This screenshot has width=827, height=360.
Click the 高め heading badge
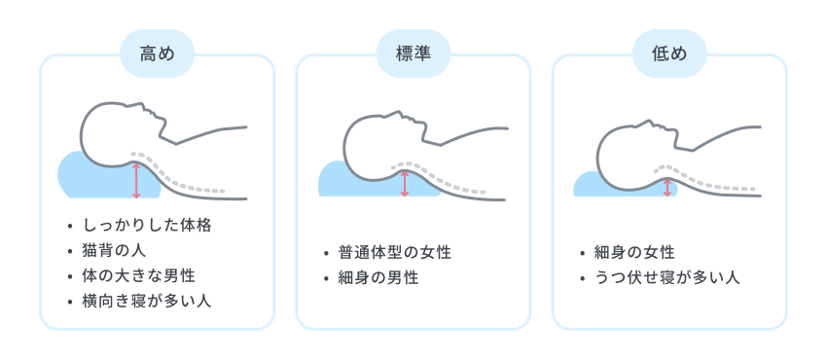pyautogui.click(x=157, y=54)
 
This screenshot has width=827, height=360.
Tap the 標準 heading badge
pyautogui.click(x=413, y=54)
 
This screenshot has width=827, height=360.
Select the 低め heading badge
pyautogui.click(x=669, y=54)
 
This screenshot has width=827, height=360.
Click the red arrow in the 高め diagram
pyautogui.click(x=136, y=180)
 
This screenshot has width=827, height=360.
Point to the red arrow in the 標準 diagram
pyautogui.click(x=405, y=183)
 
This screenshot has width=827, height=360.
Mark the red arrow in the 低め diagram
pyautogui.click(x=667, y=186)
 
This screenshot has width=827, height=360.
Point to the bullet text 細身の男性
pyautogui.click(x=377, y=278)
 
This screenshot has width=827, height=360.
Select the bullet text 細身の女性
pyautogui.click(x=633, y=253)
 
